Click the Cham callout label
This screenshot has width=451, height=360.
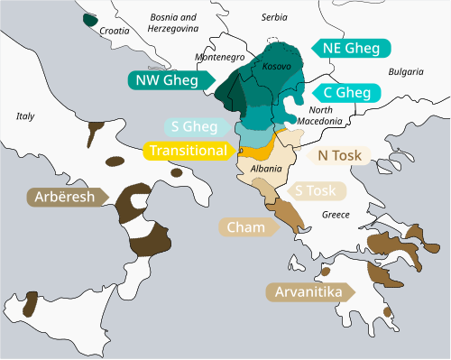pyautogui.click(x=244, y=226)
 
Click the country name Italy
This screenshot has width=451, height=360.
pyautogui.click(x=25, y=115)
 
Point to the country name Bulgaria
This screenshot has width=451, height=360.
pyautogui.click(x=406, y=71)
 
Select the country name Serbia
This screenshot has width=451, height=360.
pyautogui.click(x=273, y=17)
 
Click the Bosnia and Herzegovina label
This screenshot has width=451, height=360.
pyautogui.click(x=172, y=23)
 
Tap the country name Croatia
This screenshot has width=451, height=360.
pyautogui.click(x=115, y=30)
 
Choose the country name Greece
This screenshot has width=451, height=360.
pyautogui.click(x=335, y=215)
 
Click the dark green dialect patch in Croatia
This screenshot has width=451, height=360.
pyautogui.click(x=89, y=19)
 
